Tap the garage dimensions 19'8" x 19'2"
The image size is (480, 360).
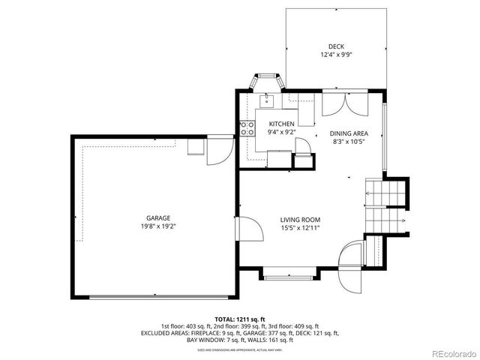point(157,226)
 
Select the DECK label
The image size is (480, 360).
point(325,46)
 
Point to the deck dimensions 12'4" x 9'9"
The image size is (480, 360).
point(325,55)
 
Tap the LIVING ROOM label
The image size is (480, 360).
point(300,219)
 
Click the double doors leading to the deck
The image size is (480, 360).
point(346,103)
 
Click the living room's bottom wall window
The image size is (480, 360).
point(290,278)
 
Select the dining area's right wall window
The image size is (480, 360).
point(385,139)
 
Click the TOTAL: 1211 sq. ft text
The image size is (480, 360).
point(239,319)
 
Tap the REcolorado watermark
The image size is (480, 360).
point(453,353)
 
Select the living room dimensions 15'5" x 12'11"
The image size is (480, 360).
point(300,227)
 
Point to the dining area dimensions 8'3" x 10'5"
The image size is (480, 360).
point(348,140)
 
